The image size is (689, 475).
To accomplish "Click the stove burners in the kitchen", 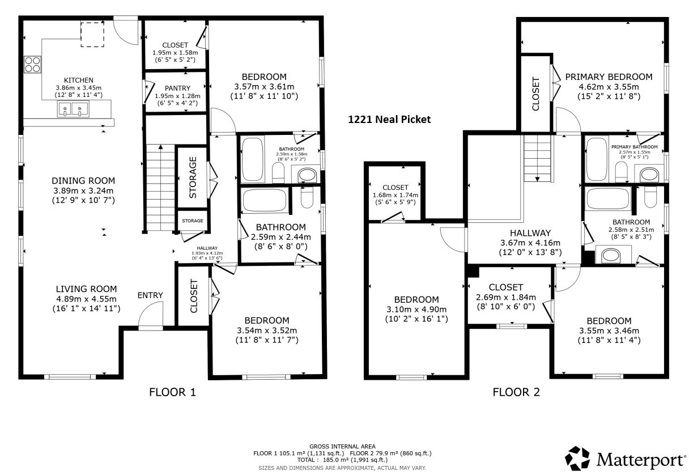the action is point(33,65).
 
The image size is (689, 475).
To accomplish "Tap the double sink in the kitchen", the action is point(73,109).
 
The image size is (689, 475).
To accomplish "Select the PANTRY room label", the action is point(177,88).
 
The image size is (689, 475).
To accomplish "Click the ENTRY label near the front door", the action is point(150,295).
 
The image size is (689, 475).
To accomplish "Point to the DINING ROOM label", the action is point(83,181).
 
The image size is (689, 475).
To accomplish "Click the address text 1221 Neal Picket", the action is point(389,120).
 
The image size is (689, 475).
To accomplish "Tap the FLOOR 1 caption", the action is point(173,392).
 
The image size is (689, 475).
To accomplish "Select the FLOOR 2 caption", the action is point(516,392).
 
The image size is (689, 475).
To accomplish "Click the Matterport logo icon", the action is point(577,459).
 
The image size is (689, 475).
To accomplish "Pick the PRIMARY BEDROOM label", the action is point(609,77).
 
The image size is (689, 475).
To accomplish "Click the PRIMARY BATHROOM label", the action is point(635,147).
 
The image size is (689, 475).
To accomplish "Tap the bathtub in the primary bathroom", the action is point(597,159).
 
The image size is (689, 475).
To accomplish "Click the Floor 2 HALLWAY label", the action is point(530,233).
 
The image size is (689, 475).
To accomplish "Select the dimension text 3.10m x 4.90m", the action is point(416,309).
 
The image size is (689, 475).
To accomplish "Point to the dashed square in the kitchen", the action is point(92,34).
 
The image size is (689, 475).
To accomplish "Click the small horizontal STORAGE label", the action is point(193,220).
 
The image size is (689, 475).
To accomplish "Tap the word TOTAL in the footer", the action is point(306,460).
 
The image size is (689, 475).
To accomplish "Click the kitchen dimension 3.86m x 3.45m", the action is point(78,88).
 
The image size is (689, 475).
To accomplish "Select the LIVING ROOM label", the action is point(87,289).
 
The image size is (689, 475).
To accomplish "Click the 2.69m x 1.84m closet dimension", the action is point(506,298).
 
